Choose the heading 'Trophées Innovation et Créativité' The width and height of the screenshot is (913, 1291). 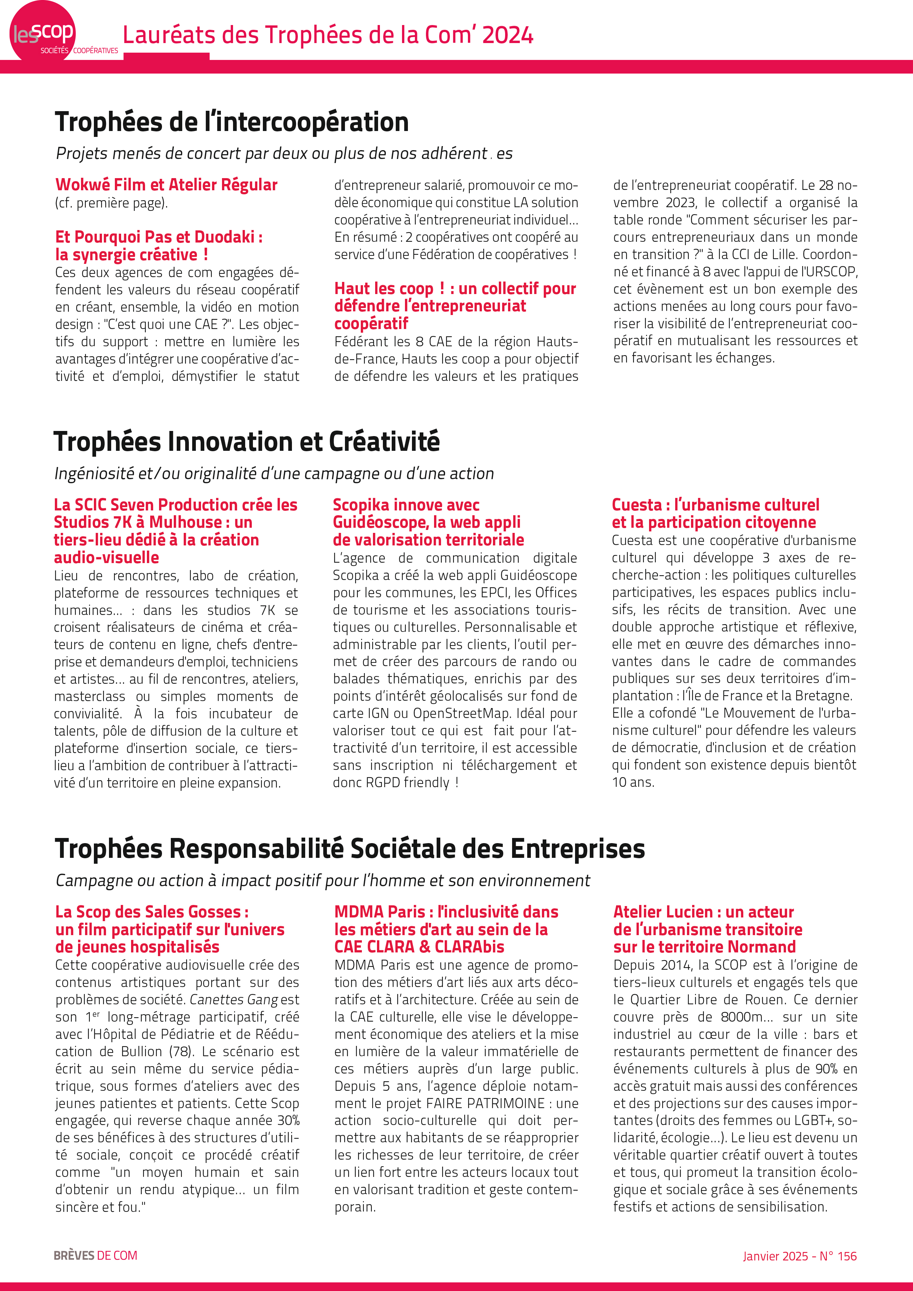246,441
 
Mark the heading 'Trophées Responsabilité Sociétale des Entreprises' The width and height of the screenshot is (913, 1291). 349,849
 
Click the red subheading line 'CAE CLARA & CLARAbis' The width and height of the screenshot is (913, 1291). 419,947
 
